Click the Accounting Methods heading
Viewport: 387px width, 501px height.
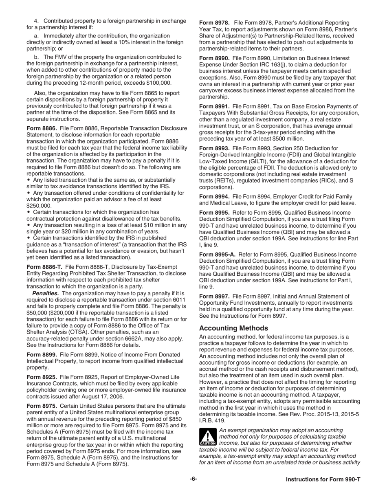point(233,328)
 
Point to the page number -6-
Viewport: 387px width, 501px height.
point(193,479)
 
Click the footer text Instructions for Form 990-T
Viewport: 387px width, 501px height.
point(323,479)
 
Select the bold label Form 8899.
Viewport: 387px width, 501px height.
point(41,354)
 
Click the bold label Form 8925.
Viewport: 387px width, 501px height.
point(41,377)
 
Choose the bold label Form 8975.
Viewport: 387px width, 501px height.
point(41,406)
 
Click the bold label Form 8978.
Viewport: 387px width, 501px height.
point(214,22)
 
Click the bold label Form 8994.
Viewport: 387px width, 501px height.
point(214,197)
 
